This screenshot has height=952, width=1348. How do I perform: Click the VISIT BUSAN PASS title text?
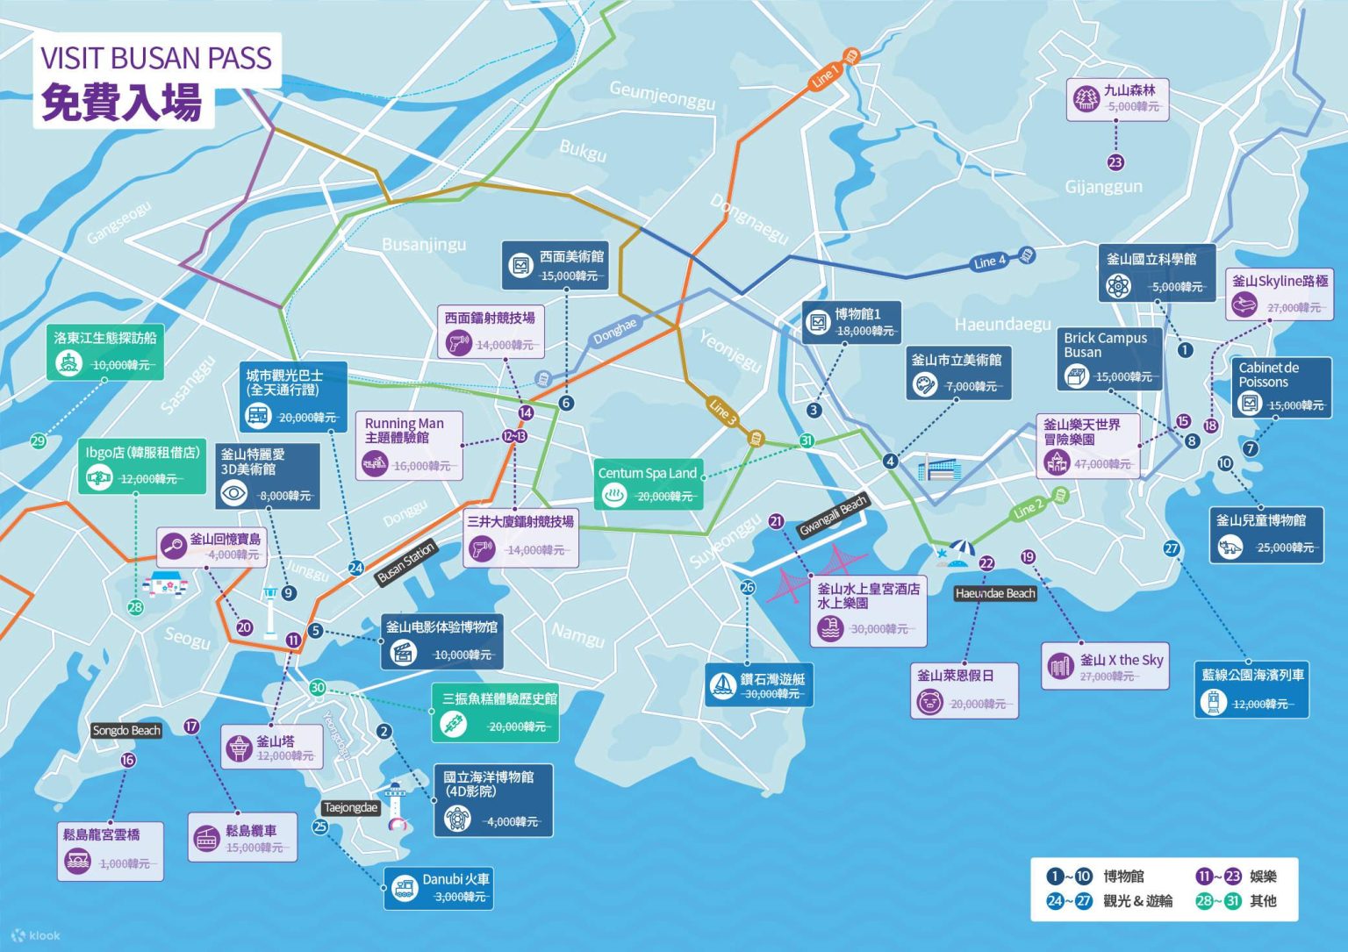click(x=156, y=58)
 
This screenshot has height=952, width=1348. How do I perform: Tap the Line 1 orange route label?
click(x=824, y=76)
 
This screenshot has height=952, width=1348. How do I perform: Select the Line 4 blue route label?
click(x=991, y=261)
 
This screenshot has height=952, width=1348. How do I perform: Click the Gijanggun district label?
click(x=1103, y=187)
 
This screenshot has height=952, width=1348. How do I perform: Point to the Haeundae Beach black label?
click(x=995, y=594)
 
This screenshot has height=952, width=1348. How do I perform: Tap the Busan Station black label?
click(x=405, y=564)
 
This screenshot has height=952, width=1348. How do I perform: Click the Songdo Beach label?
click(x=126, y=731)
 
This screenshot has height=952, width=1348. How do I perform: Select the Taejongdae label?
click(x=351, y=808)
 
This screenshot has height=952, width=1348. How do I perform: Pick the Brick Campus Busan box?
click(x=1109, y=358)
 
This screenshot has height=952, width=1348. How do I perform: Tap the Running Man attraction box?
click(x=409, y=444)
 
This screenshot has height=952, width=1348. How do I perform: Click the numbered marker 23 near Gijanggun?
click(x=1115, y=162)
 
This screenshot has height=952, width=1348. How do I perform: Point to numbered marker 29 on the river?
click(x=38, y=441)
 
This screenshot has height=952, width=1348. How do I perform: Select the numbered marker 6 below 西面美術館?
click(x=566, y=404)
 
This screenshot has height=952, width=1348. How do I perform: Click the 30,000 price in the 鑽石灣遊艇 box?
click(x=771, y=694)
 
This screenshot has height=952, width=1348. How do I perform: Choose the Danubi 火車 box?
click(x=438, y=887)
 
